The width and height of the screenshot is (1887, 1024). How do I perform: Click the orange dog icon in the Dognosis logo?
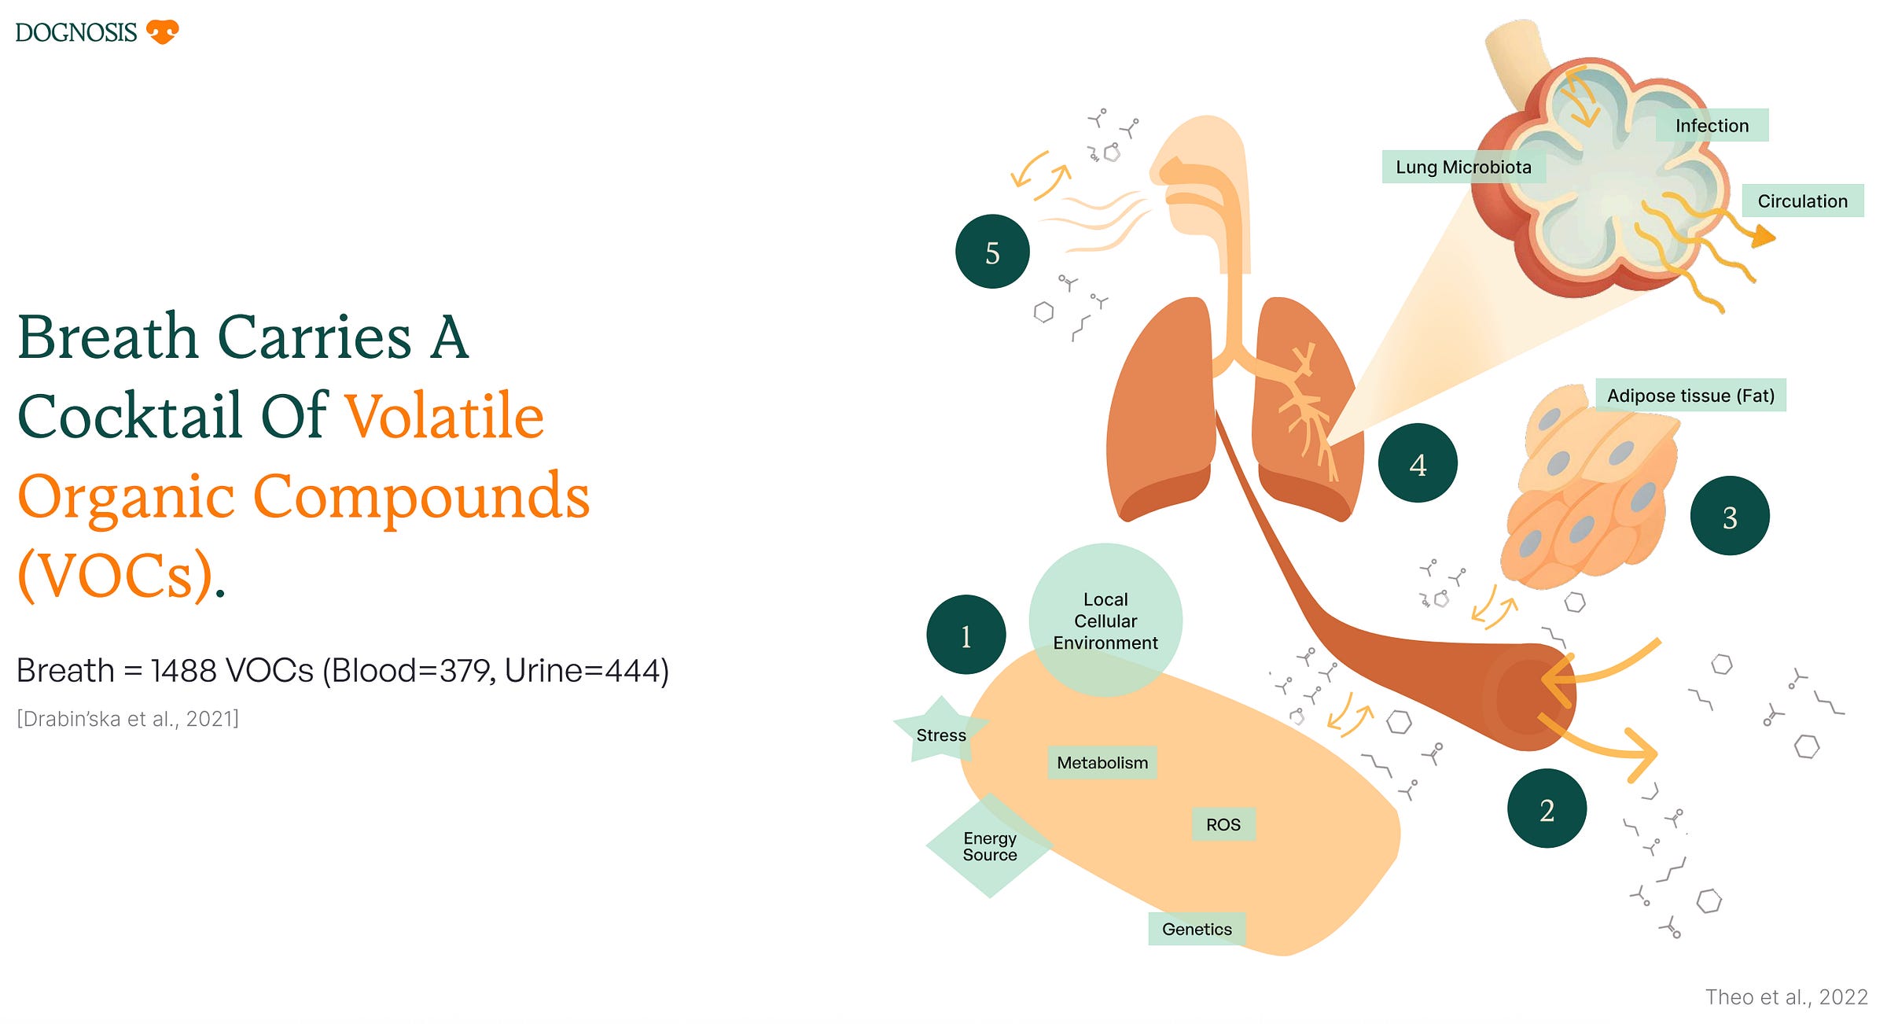[163, 31]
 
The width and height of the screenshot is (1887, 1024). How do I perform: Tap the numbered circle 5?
[992, 252]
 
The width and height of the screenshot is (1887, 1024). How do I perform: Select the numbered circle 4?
[1418, 463]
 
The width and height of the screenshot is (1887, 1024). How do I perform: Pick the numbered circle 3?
[1730, 517]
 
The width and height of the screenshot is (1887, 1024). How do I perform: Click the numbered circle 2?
[1547, 809]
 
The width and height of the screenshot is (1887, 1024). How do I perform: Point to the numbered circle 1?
[966, 635]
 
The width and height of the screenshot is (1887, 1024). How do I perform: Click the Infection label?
[1712, 126]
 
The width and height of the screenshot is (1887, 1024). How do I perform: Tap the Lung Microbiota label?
[1463, 168]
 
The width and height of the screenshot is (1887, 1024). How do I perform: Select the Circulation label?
[1802, 201]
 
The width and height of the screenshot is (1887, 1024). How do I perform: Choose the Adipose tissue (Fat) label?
[1690, 396]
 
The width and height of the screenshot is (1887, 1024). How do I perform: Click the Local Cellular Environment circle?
[1105, 621]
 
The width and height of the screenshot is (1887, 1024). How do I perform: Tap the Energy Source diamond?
[989, 846]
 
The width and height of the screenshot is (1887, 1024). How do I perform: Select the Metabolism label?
[1102, 763]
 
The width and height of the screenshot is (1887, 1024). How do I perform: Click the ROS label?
[1223, 825]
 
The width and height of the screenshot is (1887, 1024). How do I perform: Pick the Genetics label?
[1197, 930]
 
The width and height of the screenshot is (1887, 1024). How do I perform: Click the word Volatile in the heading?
[444, 416]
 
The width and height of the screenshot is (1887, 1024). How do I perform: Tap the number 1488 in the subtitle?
[183, 671]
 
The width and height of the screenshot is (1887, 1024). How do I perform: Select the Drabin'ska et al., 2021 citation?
[128, 719]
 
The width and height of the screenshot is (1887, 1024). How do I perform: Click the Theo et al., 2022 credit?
[1786, 997]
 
